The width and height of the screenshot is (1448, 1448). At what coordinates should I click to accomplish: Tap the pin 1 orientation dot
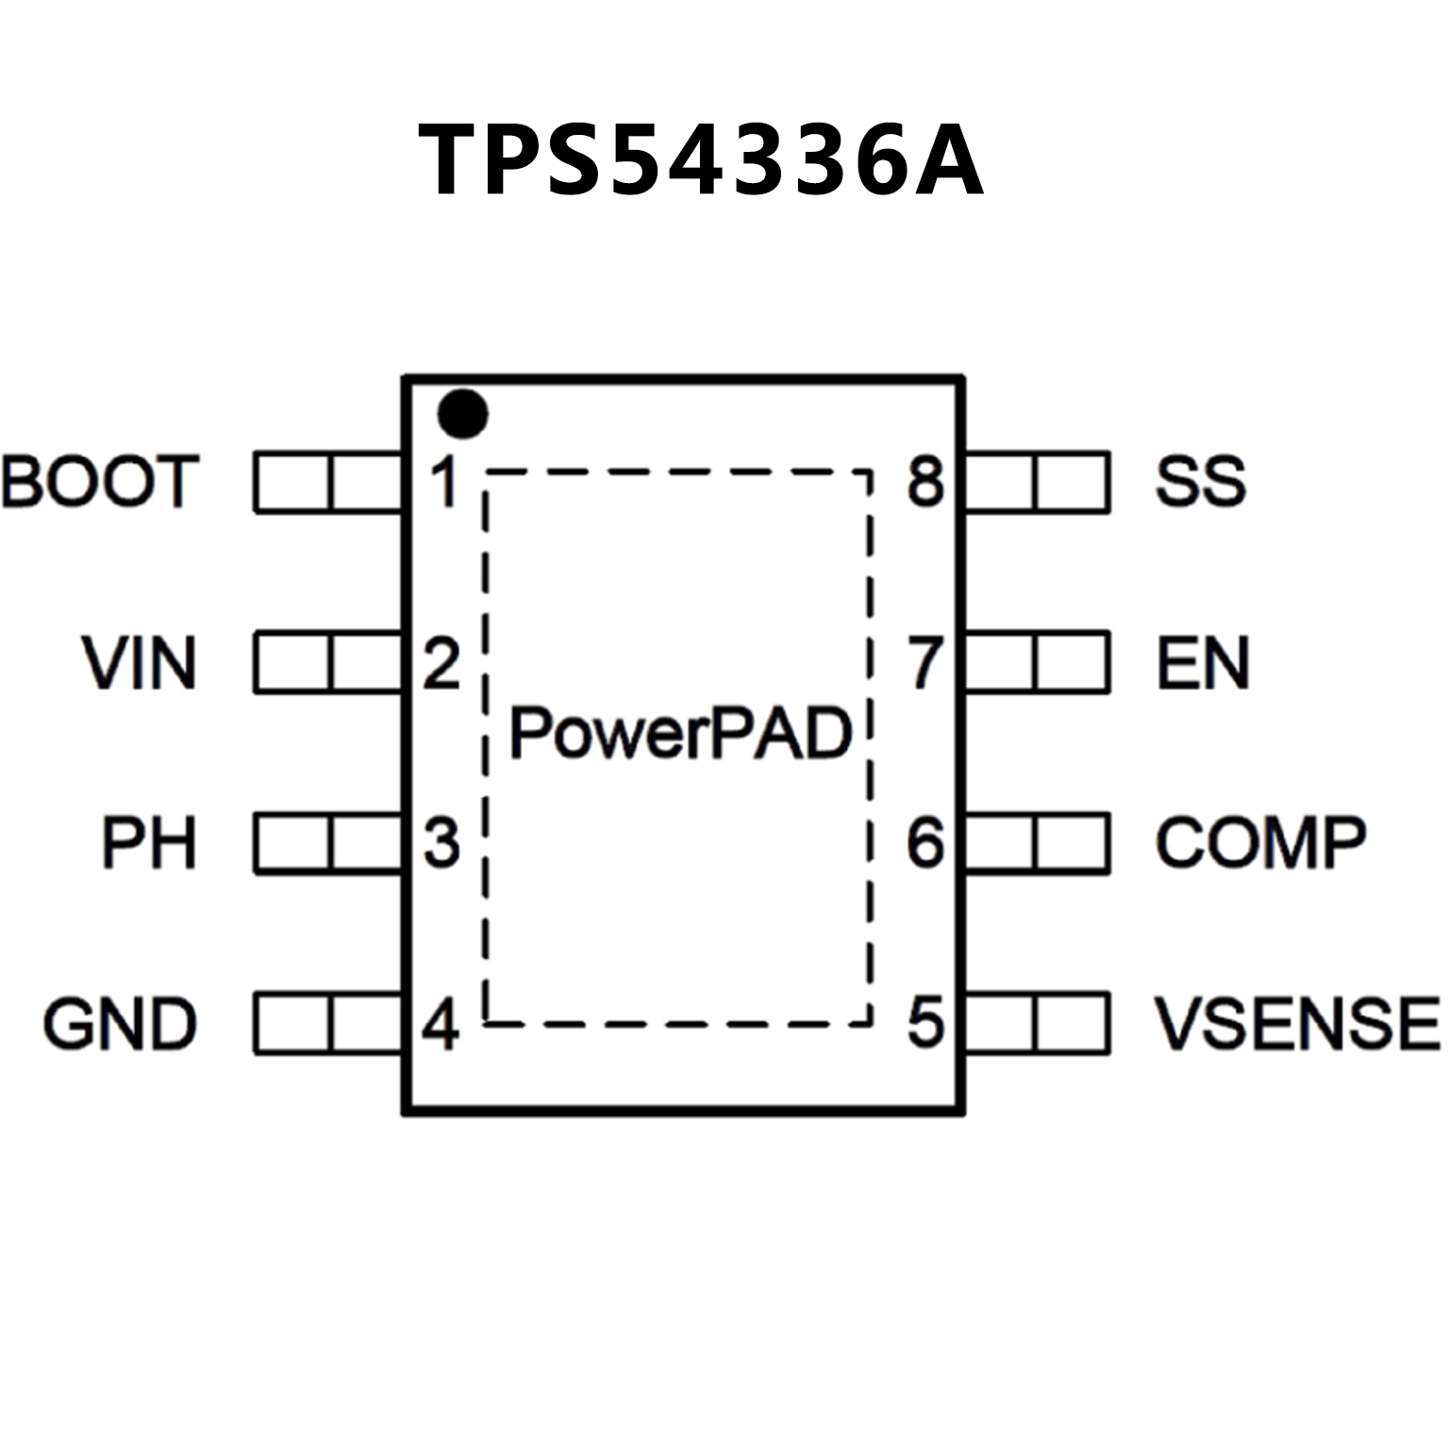(x=463, y=414)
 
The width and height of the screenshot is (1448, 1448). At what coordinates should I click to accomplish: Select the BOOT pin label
(x=101, y=482)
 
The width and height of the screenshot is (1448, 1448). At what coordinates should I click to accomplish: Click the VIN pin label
(x=140, y=663)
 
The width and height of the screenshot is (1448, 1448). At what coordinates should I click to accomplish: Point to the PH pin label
(x=149, y=842)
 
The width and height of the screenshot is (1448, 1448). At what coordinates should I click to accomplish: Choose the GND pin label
(x=120, y=1024)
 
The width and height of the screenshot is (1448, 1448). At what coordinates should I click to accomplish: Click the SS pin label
(x=1201, y=481)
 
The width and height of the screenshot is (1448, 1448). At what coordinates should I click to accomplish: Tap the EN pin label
(x=1203, y=663)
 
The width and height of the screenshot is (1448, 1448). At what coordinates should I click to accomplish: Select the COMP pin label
(x=1261, y=842)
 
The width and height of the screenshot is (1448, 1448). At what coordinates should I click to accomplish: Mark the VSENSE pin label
(x=1298, y=1024)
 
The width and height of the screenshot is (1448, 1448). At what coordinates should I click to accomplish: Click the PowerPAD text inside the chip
(x=681, y=734)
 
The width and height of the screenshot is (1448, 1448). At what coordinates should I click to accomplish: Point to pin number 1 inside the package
(x=443, y=482)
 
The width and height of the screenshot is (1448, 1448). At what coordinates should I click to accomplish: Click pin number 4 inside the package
(x=441, y=1024)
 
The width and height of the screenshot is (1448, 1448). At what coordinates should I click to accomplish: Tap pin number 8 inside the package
(x=925, y=481)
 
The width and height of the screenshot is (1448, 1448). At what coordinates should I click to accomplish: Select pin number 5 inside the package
(x=925, y=1023)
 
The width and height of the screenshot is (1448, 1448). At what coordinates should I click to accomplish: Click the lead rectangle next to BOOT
(x=328, y=483)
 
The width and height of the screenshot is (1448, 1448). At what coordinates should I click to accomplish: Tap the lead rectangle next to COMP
(x=1037, y=842)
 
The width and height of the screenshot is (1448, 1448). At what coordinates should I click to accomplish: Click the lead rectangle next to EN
(x=1037, y=663)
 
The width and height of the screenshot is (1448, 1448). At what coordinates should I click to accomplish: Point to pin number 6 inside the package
(x=925, y=842)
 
